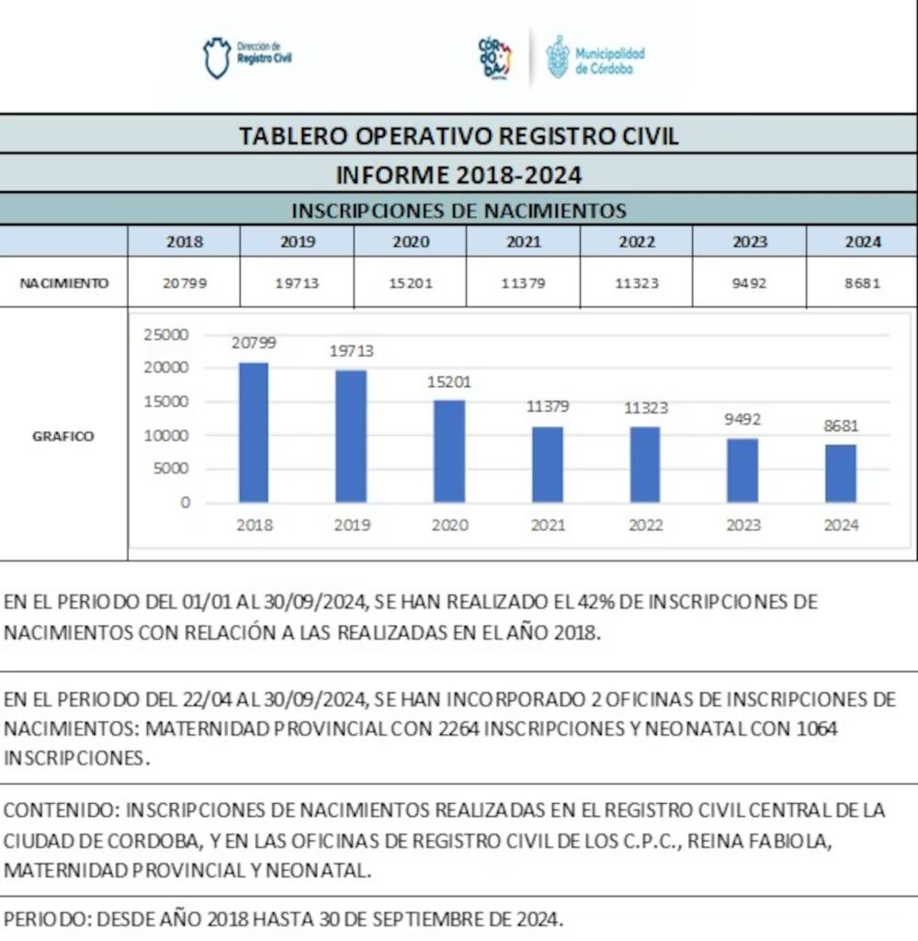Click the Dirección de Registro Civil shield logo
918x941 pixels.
tap(216, 57)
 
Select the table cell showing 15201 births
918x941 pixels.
tap(410, 283)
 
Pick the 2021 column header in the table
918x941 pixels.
tap(523, 243)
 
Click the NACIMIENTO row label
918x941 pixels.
tap(63, 283)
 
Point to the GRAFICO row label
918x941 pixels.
tap(63, 436)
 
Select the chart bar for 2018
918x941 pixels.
tap(254, 432)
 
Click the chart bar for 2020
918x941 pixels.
tap(449, 450)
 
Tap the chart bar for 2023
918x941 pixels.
tap(742, 470)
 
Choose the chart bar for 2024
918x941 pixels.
tap(840, 472)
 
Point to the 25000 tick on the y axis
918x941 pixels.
tap(166, 334)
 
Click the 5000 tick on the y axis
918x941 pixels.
tap(171, 469)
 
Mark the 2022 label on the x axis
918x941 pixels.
tap(645, 526)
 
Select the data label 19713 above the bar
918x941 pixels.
tap(352, 351)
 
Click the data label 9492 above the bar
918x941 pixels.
tap(742, 420)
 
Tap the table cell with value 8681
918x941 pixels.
tap(862, 283)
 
